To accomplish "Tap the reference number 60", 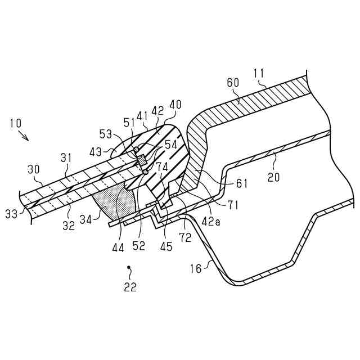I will point(233,83).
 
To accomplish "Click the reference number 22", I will point(130,287).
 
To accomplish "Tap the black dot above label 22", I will point(129,267).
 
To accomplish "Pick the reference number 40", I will point(175,105).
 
